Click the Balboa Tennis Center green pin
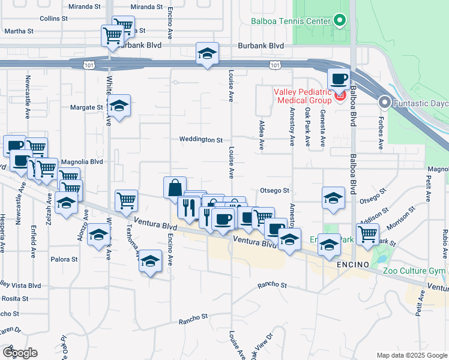339,22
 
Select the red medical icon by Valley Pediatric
340,95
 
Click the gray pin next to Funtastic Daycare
384,103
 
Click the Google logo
20,352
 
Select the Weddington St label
201,140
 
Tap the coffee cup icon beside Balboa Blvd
339,79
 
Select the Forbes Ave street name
381,132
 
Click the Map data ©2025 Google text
411,355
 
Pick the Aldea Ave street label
261,137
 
